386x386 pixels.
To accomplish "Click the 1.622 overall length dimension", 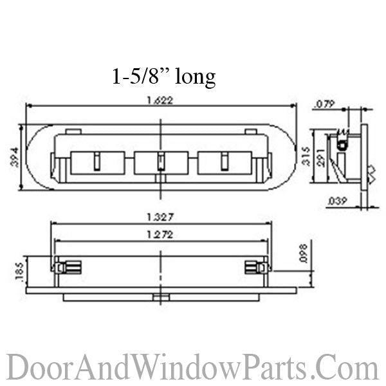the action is tap(160, 100).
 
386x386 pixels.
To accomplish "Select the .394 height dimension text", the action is tap(15, 158).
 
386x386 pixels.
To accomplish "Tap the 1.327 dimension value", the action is tap(160, 217).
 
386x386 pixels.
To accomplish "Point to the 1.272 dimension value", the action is tap(160, 235).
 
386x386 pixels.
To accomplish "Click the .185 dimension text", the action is tap(19, 271).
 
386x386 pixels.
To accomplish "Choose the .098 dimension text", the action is tap(304, 253).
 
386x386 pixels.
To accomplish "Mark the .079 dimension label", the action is tap(325, 104).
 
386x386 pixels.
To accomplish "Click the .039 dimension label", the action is tap(337, 201).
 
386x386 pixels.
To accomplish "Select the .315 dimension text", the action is tap(306, 156).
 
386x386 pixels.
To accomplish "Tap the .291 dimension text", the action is tap(321, 158).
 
